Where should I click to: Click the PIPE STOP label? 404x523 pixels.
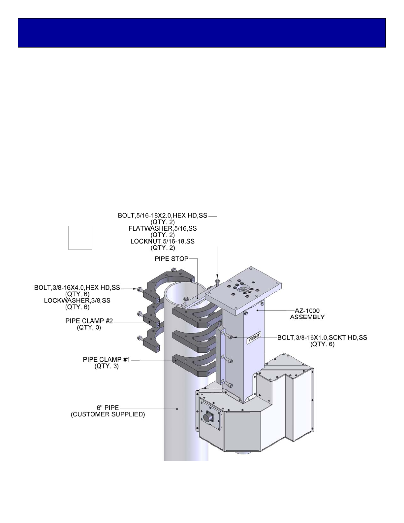tap(171, 259)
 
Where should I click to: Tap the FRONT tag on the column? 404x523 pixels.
tap(254, 338)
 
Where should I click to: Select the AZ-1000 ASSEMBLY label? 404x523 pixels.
tap(307, 314)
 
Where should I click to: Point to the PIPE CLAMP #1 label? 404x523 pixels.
tap(107, 360)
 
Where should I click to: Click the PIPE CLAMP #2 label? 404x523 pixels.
tap(89, 321)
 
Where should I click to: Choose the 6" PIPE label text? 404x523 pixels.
tap(108, 408)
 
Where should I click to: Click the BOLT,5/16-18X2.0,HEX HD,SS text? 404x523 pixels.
tap(162, 216)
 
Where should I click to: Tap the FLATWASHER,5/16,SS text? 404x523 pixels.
tap(163, 228)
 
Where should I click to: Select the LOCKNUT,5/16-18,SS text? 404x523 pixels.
tap(163, 242)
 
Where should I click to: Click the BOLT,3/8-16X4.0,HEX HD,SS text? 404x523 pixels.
tap(77, 288)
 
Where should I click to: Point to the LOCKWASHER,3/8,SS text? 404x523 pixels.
tap(77, 300)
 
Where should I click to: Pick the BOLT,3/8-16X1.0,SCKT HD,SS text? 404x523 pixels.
tap(322, 338)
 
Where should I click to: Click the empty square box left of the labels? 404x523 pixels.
tap(80, 238)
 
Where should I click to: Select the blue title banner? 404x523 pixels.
tap(202, 33)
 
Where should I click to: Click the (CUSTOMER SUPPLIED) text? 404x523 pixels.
tap(108, 414)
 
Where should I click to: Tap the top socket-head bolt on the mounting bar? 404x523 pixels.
tap(230, 337)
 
